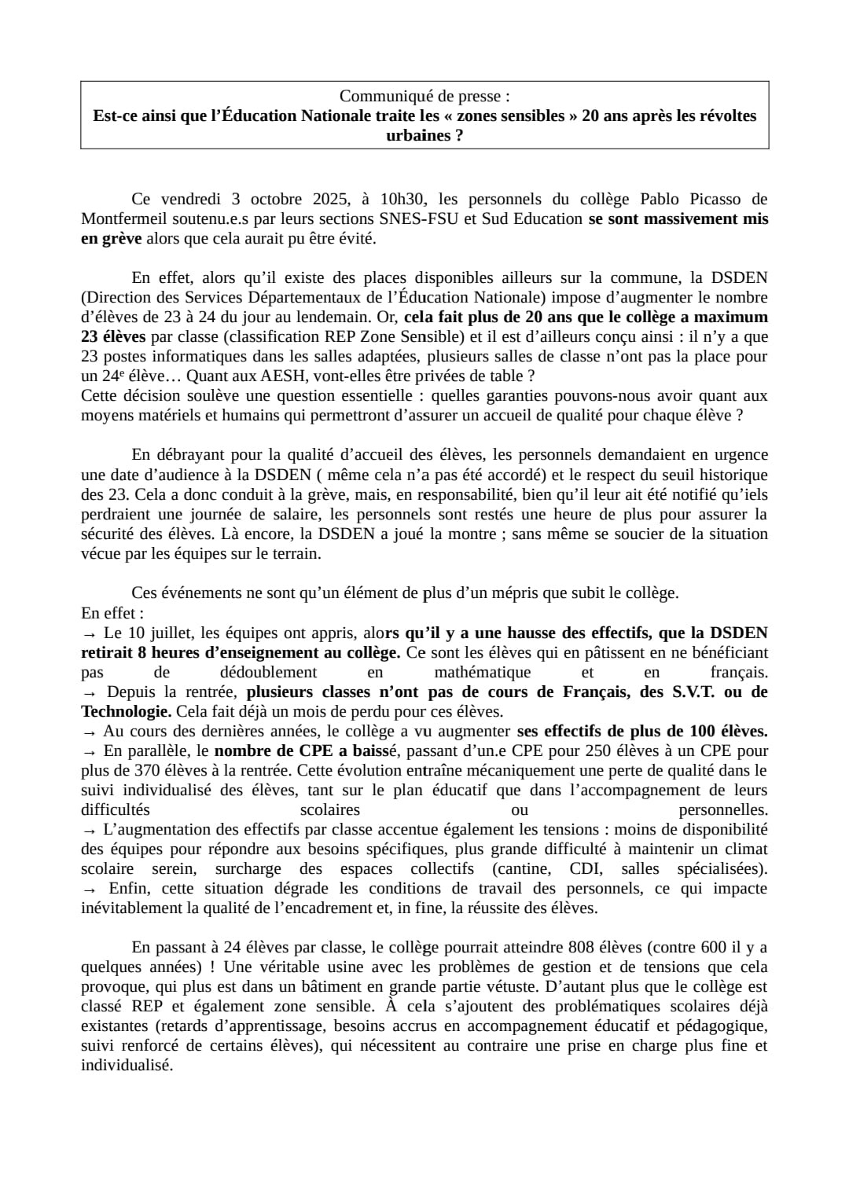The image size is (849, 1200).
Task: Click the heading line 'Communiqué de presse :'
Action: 424,96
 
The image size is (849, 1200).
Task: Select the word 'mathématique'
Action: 482,672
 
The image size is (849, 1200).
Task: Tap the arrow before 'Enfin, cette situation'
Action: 90,889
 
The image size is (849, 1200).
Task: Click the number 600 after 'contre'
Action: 702,947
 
